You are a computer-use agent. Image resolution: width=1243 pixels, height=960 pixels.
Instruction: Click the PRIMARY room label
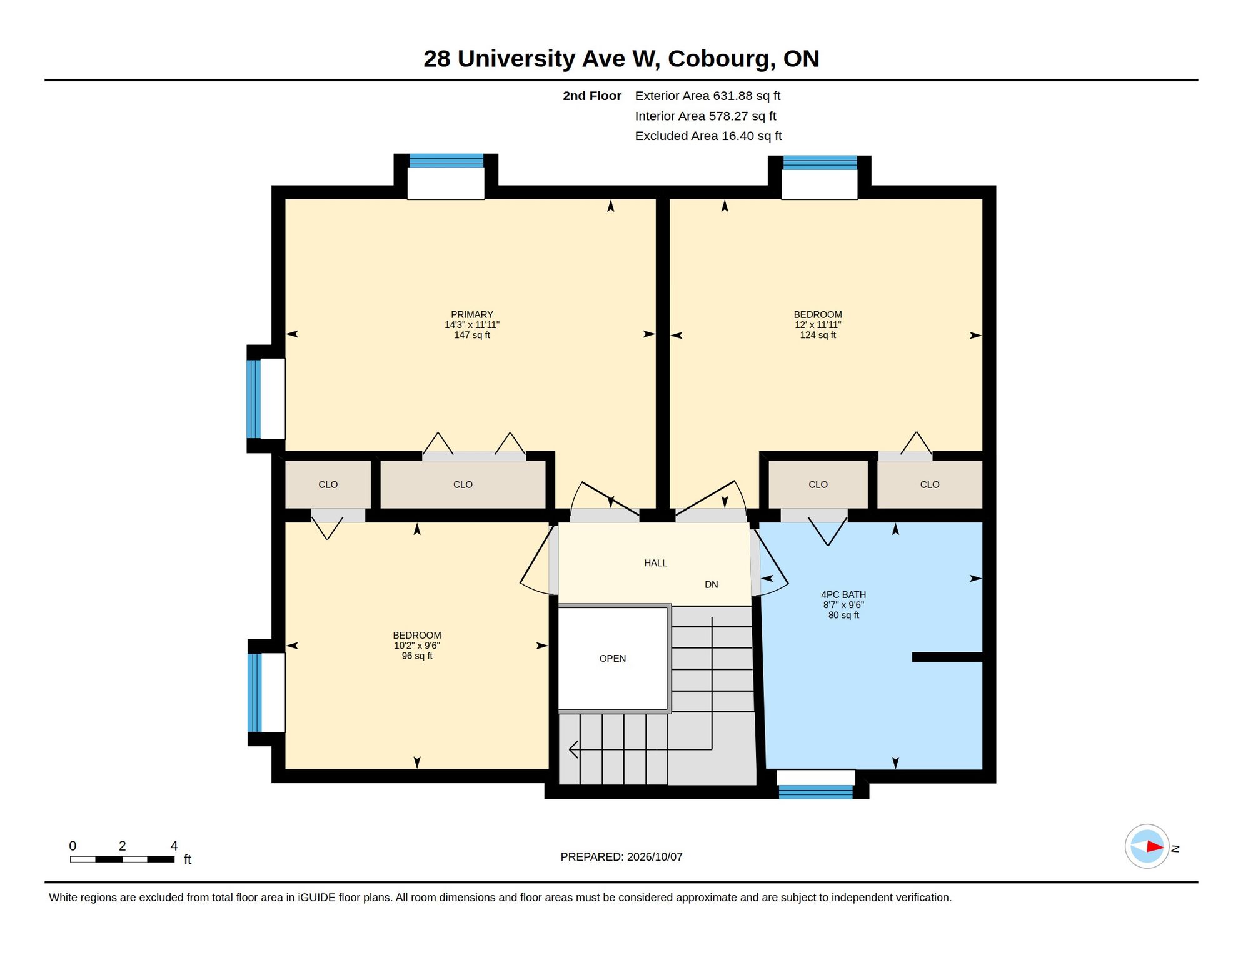pyautogui.click(x=472, y=314)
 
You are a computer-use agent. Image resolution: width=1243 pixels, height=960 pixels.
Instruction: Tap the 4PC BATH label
pyautogui.click(x=843, y=595)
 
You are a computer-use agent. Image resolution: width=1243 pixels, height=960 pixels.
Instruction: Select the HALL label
pyautogui.click(x=655, y=563)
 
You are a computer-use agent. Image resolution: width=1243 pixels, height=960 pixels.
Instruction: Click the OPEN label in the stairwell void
pyautogui.click(x=612, y=659)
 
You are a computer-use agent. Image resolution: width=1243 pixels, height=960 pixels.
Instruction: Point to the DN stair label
pyautogui.click(x=711, y=585)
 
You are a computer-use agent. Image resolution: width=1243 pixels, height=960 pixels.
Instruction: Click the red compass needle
pyautogui.click(x=1155, y=847)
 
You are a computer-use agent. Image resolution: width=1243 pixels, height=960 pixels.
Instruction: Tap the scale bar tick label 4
pyautogui.click(x=174, y=846)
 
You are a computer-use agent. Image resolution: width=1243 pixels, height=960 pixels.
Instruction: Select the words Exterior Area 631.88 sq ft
pyautogui.click(x=707, y=96)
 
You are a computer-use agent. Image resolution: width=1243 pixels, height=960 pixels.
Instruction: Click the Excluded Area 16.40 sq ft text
pyautogui.click(x=708, y=136)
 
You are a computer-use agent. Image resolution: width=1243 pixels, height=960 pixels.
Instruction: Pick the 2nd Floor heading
pyautogui.click(x=591, y=96)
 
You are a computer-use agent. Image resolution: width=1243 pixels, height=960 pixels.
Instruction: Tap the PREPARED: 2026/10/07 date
pyautogui.click(x=621, y=857)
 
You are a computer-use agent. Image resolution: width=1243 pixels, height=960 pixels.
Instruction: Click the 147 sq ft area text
pyautogui.click(x=472, y=335)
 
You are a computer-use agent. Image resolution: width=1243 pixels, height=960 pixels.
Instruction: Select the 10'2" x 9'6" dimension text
pyautogui.click(x=417, y=646)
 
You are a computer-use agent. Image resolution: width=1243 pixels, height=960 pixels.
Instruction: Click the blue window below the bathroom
pyautogui.click(x=815, y=792)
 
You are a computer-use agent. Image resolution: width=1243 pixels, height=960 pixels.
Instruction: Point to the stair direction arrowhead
pyautogui.click(x=573, y=749)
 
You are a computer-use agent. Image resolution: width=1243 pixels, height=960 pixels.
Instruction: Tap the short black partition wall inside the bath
pyautogui.click(x=947, y=657)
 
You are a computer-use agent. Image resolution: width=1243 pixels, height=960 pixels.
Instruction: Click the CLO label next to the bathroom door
pyautogui.click(x=818, y=484)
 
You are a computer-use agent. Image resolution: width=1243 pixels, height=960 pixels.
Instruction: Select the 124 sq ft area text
pyautogui.click(x=818, y=335)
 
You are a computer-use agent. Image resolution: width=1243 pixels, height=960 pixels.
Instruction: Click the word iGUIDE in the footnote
pyautogui.click(x=316, y=897)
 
